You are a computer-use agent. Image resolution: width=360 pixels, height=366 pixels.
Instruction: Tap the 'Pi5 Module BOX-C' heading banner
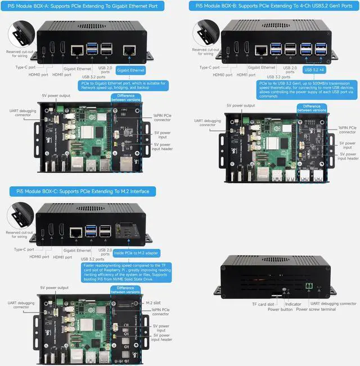click(x=83, y=191)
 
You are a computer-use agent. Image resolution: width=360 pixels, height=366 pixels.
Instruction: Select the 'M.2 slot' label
click(x=153, y=302)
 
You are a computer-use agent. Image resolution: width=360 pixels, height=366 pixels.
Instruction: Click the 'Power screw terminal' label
click(x=317, y=309)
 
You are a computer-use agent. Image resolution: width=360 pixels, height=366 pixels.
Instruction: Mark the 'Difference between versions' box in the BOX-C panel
click(x=126, y=289)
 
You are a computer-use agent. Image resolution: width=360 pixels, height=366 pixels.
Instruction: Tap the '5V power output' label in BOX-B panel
click(x=241, y=105)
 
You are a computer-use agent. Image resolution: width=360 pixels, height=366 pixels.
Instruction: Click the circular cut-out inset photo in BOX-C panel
click(x=21, y=217)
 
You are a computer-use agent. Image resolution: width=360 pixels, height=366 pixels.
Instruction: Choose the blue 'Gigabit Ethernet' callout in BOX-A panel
click(x=130, y=70)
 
